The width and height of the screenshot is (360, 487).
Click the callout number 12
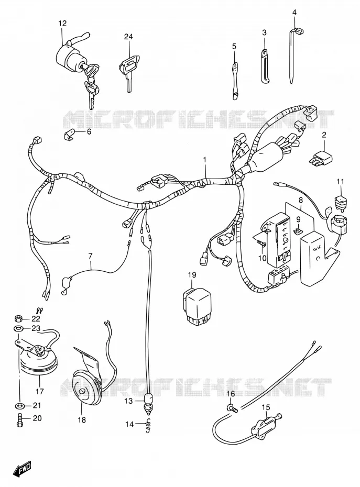62,23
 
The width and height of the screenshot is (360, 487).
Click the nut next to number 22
18,318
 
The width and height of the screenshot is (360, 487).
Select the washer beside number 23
18,328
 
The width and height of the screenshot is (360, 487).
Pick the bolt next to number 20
18,419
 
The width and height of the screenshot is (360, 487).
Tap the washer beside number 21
19,405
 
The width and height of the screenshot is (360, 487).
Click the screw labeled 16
232,407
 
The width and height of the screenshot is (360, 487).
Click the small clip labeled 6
69,135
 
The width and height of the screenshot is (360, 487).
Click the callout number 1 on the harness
204,160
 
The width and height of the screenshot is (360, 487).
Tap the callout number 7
90,257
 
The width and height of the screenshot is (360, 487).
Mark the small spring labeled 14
148,424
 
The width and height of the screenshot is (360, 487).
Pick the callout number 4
294,13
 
